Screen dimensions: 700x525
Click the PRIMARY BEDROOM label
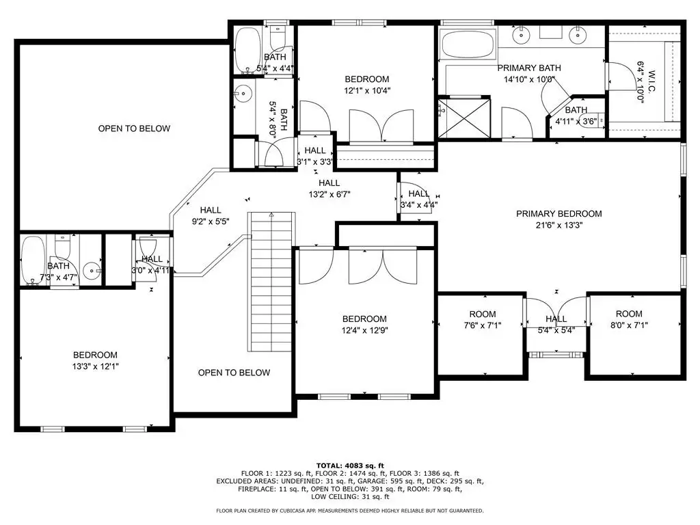tap(559, 214)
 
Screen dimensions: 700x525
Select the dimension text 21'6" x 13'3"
tap(559, 226)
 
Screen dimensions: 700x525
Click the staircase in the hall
tap(271, 282)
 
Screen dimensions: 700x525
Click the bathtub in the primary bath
tap(468, 44)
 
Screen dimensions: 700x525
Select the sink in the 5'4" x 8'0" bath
tap(244, 94)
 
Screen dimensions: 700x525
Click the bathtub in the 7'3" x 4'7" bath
tap(33, 260)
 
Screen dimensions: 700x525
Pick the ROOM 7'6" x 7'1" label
tap(483, 320)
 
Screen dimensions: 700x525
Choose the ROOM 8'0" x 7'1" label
tap(629, 320)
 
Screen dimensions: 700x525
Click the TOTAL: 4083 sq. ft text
tap(350, 466)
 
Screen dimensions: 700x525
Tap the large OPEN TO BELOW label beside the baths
tap(134, 129)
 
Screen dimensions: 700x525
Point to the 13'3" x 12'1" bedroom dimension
tap(95, 367)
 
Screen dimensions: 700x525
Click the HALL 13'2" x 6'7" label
tap(329, 189)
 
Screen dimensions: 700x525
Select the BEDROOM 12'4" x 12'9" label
tap(364, 325)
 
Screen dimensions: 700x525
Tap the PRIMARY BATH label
tap(529, 68)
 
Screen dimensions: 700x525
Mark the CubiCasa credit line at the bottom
tap(349, 511)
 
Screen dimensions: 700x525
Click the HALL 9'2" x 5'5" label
tap(211, 215)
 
